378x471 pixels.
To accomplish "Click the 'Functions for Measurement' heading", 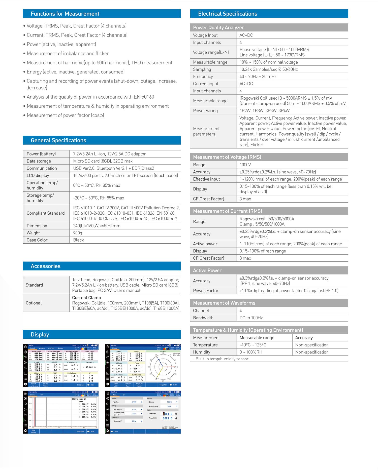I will [65, 14].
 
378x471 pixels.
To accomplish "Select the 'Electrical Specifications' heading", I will [227, 14].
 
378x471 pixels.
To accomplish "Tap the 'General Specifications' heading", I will [58, 140].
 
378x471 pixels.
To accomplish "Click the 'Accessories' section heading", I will [45, 266].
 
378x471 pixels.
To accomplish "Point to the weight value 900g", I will [78, 233].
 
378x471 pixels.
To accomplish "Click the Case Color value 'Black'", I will [78, 240].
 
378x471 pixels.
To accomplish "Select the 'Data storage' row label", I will [39, 161].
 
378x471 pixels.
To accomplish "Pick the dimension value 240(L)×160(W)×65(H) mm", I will [97, 226].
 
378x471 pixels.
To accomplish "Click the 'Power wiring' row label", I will [205, 111].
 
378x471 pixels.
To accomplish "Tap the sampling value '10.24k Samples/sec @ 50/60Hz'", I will [268, 69].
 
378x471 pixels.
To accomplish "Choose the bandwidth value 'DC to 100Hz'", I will [251, 318].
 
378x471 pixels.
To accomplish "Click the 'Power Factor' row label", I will [206, 291].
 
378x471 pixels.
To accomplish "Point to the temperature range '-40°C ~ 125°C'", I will [253, 345].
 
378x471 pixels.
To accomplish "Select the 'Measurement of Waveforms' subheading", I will [224, 303].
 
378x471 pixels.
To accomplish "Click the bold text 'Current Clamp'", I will [86, 298].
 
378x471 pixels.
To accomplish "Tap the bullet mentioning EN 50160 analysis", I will [90, 97].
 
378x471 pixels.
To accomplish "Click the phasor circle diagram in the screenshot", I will [163, 367].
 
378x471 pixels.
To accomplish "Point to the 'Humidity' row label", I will [201, 352].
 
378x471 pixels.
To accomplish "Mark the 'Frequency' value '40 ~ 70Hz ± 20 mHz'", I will [258, 76].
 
